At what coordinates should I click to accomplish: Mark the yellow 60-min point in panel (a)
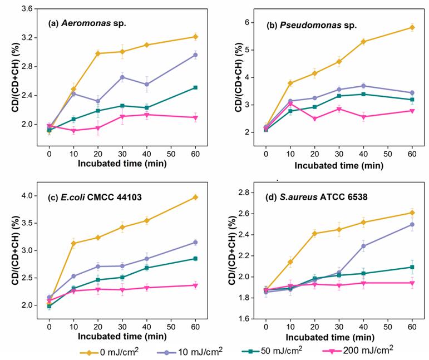click(x=195, y=37)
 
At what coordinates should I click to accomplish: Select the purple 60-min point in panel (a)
click(x=195, y=55)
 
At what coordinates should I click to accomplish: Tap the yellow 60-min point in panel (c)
click(x=195, y=197)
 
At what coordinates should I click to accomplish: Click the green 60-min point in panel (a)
click(x=195, y=87)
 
